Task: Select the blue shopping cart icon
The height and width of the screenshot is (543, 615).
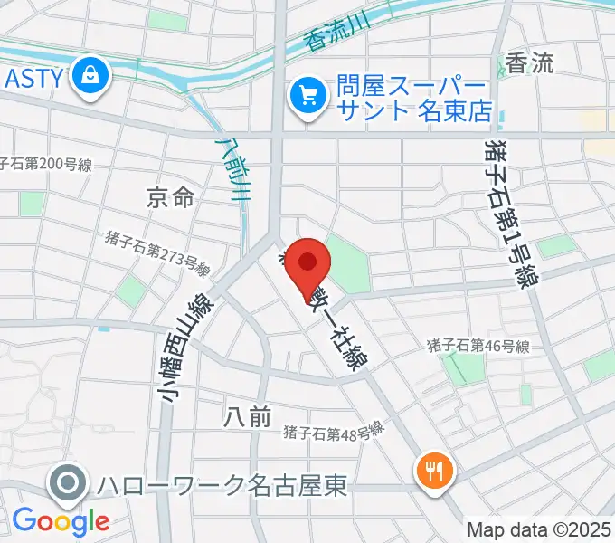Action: pyautogui.click(x=307, y=95)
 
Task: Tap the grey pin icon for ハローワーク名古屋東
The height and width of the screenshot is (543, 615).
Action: pyautogui.click(x=69, y=483)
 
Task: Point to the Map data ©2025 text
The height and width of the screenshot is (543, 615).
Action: pyautogui.click(x=538, y=529)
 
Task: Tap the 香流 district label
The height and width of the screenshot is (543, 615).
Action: pyautogui.click(x=529, y=62)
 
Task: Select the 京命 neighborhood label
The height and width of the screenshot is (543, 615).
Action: pyautogui.click(x=169, y=197)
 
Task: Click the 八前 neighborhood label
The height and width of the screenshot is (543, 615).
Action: pyautogui.click(x=246, y=417)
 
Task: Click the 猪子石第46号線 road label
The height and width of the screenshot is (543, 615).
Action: pyautogui.click(x=477, y=345)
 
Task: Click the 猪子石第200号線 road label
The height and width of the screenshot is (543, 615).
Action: pyautogui.click(x=45, y=165)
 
